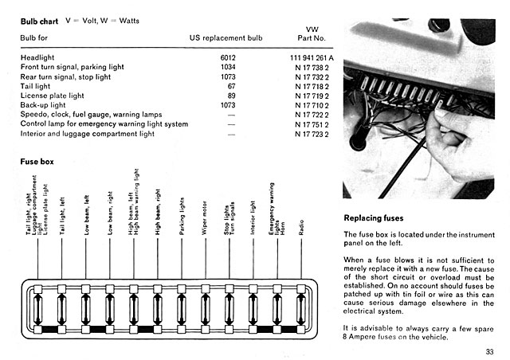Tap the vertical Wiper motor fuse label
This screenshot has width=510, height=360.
(206, 215)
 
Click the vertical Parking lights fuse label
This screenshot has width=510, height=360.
(182, 213)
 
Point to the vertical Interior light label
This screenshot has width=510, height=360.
(253, 214)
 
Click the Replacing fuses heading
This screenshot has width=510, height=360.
(373, 218)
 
